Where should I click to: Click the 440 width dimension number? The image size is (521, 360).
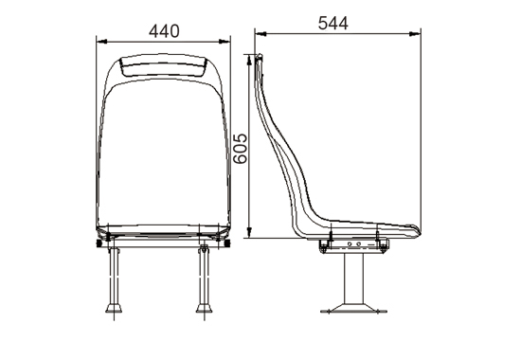[164, 31]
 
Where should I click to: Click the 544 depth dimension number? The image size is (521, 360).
[332, 24]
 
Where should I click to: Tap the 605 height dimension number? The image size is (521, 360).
[240, 149]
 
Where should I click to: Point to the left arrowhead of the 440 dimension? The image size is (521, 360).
[101, 42]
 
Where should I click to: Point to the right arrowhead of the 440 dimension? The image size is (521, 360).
[225, 42]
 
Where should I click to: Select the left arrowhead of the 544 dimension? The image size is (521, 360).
[260, 34]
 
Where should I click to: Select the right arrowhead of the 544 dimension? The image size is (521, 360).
[415, 34]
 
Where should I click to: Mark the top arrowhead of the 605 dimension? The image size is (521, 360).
[250, 60]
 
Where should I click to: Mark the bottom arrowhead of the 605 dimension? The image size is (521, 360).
[250, 232]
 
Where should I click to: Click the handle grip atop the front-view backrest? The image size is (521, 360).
[163, 65]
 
